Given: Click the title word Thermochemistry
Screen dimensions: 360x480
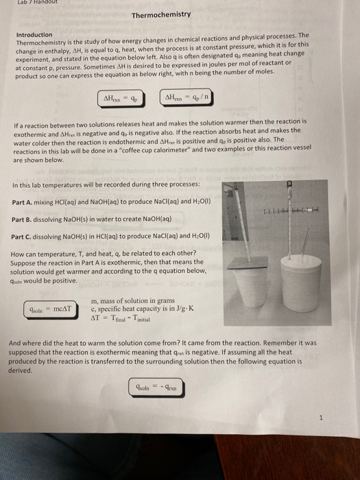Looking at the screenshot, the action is tap(161, 14).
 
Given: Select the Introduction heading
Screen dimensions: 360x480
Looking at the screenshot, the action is tap(34, 34).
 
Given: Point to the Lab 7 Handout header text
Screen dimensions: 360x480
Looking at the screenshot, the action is tap(21, 3).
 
